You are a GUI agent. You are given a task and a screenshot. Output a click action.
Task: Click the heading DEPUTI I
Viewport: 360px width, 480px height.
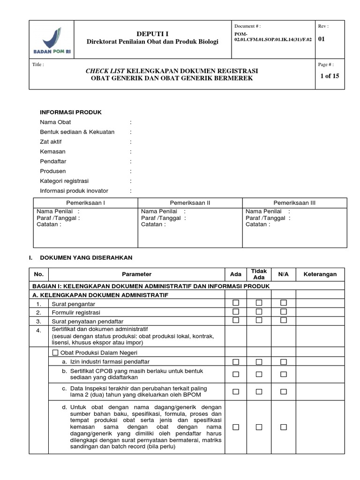click(x=152, y=33)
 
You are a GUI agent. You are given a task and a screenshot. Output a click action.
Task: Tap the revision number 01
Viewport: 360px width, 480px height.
click(x=322, y=39)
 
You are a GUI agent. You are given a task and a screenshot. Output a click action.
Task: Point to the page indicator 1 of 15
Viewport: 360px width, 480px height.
click(x=329, y=76)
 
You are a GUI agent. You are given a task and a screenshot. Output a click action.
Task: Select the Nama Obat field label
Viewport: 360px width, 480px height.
click(x=55, y=122)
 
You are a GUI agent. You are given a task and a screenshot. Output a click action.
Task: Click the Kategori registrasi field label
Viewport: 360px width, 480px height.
click(x=64, y=181)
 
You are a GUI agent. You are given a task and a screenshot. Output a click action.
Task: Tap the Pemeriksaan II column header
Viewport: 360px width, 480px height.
click(x=190, y=203)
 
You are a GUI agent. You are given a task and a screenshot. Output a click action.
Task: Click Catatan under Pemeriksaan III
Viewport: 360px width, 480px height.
click(x=258, y=224)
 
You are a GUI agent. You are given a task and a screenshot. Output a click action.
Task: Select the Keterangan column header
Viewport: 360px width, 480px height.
click(x=320, y=274)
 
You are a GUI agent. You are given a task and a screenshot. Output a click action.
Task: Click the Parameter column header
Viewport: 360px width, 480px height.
click(x=136, y=274)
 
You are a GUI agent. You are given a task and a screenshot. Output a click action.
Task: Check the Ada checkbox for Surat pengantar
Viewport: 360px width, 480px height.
click(x=236, y=303)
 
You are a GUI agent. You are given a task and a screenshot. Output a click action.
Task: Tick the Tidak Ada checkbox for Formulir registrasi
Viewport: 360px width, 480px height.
click(x=259, y=312)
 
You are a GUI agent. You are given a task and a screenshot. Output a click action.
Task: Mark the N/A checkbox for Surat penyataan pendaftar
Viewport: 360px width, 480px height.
click(x=283, y=320)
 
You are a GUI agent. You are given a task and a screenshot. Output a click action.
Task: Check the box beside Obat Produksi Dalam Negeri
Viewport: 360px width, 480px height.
click(x=55, y=352)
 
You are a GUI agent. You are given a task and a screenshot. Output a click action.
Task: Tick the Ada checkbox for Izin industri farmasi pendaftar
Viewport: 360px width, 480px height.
click(x=236, y=362)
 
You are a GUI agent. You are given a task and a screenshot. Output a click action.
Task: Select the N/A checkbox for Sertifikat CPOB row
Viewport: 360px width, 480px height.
click(x=283, y=374)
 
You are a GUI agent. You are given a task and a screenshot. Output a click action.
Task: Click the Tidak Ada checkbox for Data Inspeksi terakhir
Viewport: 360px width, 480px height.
click(x=259, y=391)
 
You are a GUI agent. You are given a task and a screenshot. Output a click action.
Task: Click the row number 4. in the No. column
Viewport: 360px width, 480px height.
click(x=38, y=330)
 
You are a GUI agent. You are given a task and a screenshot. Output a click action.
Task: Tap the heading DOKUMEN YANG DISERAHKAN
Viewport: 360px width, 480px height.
click(x=87, y=258)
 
